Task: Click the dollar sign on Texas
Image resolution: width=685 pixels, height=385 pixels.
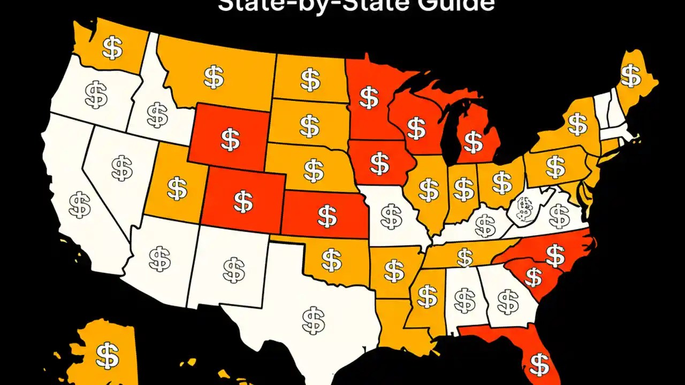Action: click(313, 319)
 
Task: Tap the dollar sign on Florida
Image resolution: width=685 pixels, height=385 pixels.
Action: click(538, 363)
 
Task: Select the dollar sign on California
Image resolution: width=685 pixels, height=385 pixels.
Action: click(80, 204)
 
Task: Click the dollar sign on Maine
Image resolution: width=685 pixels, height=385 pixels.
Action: click(631, 75)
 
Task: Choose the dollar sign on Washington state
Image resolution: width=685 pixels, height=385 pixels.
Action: click(112, 48)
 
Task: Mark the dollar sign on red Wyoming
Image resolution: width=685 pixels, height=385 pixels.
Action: click(230, 139)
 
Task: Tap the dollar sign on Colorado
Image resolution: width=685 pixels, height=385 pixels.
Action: click(243, 200)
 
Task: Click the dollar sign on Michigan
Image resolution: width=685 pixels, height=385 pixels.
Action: click(473, 142)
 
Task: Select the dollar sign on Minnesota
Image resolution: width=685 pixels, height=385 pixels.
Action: click(368, 97)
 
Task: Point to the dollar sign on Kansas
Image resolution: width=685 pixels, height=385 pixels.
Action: click(326, 215)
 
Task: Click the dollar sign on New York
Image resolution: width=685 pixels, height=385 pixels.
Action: click(577, 124)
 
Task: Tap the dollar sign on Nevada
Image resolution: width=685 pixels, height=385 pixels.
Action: click(122, 167)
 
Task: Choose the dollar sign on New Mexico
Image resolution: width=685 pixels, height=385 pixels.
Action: click(233, 270)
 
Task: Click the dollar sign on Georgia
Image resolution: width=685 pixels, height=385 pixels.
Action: click(507, 301)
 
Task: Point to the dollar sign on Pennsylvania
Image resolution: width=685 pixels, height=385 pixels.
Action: click(555, 167)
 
